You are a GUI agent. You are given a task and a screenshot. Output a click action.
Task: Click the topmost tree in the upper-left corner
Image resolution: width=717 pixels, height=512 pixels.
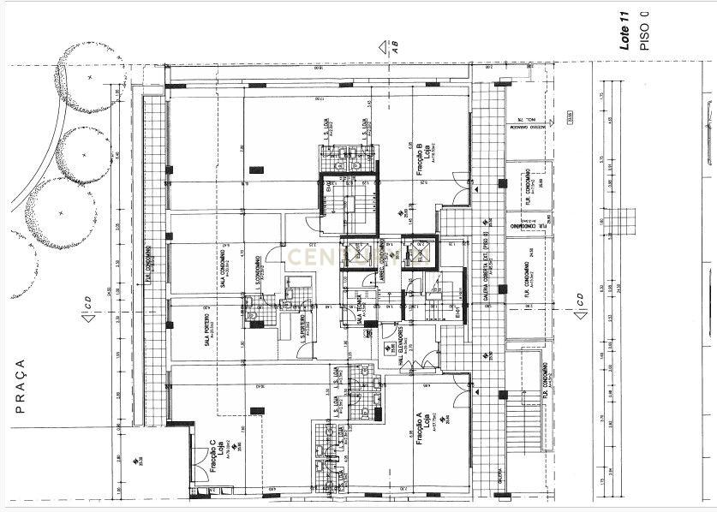point(87,74)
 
